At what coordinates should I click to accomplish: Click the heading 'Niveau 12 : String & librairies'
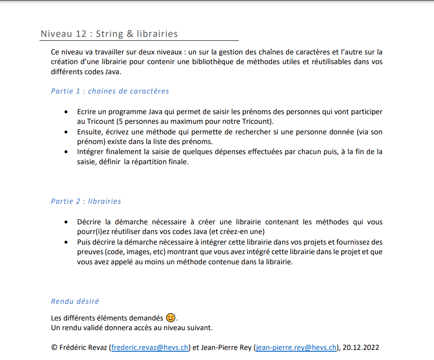tap(109, 34)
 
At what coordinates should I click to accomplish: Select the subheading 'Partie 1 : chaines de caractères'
tap(110, 91)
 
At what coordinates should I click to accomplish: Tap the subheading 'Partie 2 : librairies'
tap(86, 202)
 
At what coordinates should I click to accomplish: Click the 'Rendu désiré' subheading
tap(75, 302)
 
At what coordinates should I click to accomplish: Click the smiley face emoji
tap(171, 318)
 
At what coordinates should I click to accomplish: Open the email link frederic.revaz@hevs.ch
tap(150, 348)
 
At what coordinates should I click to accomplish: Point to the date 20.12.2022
tap(361, 348)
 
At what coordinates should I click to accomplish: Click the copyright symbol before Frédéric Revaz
tap(54, 348)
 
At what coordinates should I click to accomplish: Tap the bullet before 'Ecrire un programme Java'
tap(66, 112)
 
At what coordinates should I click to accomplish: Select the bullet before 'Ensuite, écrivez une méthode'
tap(66, 132)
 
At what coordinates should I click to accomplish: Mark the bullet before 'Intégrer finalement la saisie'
tap(66, 152)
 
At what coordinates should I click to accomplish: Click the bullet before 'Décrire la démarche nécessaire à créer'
tap(66, 223)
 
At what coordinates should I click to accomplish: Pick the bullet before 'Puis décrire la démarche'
tap(66, 242)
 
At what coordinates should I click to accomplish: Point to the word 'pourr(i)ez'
tap(93, 231)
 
